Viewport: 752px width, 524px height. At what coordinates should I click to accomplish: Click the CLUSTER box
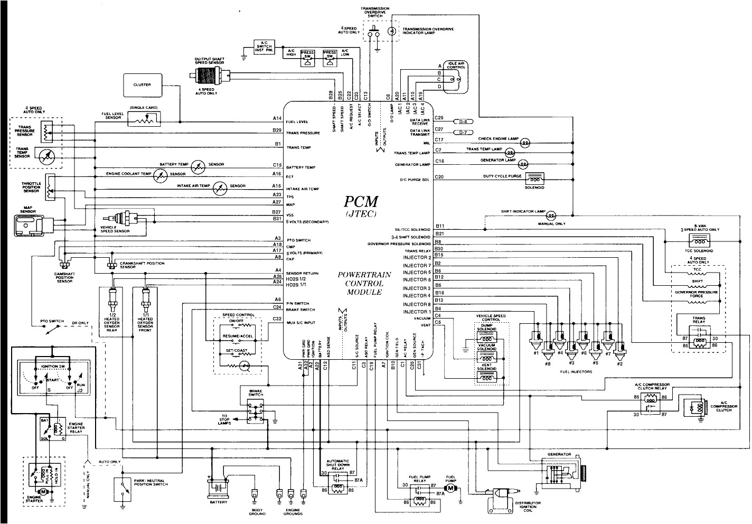(142, 85)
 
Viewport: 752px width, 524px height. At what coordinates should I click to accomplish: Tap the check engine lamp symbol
(525, 143)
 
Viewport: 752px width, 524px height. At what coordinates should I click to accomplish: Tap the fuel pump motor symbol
(450, 489)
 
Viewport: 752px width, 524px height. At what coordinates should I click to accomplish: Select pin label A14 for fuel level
(277, 119)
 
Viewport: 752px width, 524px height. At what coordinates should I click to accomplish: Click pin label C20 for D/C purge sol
(439, 177)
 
